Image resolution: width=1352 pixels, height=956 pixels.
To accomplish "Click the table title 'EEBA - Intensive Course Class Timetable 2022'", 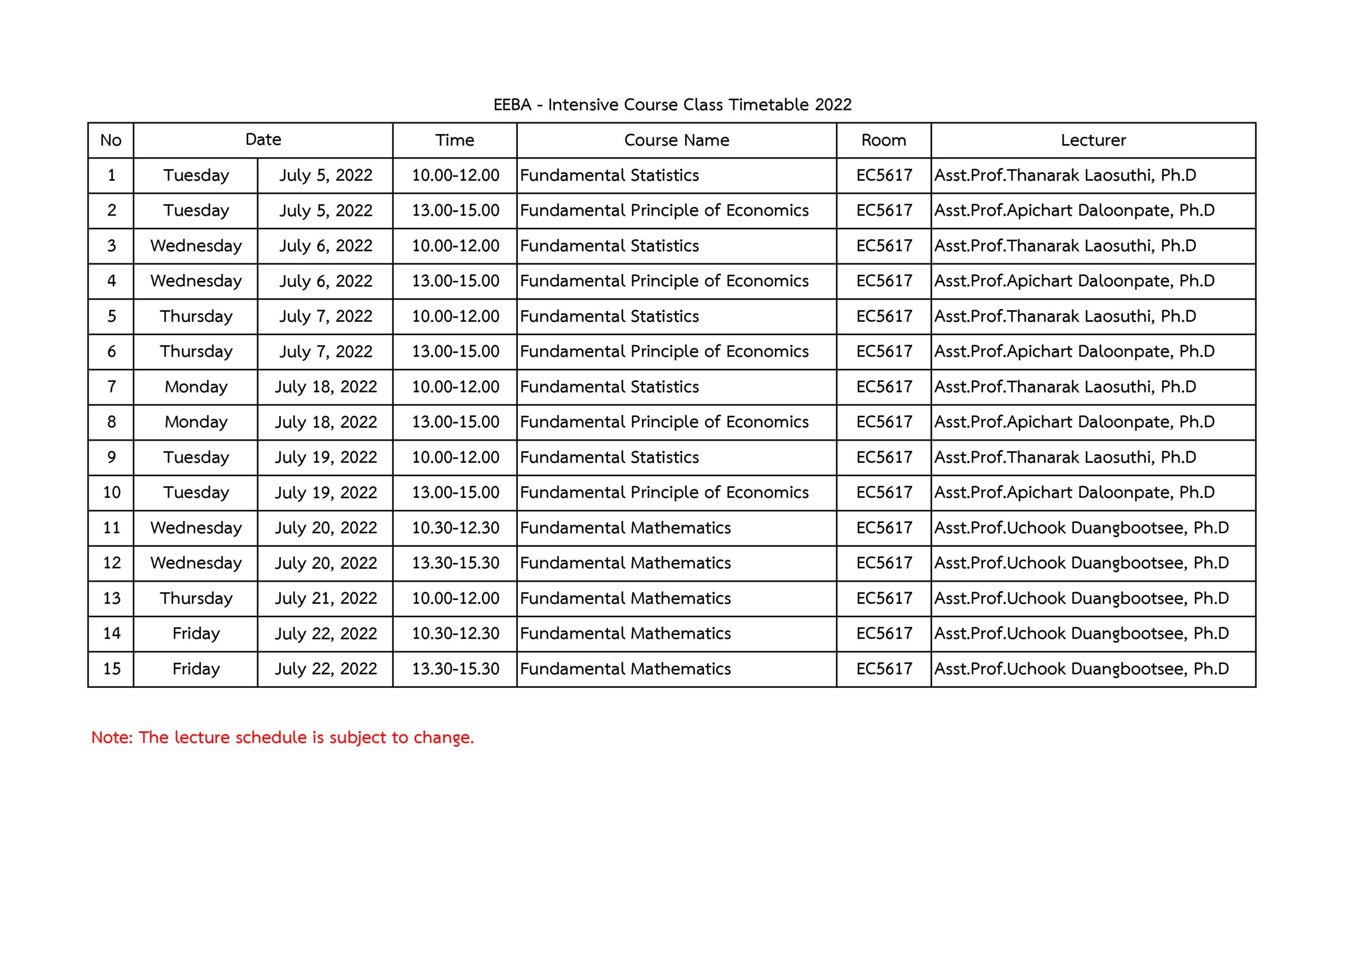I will tap(672, 105).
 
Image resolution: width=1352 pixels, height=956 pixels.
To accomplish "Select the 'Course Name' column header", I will tap(676, 140).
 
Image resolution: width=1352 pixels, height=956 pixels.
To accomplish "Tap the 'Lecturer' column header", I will tap(1093, 140).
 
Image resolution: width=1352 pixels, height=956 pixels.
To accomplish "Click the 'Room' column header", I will tap(883, 140).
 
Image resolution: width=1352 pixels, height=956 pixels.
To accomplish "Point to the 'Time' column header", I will tap(455, 140).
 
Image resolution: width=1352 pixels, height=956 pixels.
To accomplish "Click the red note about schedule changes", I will tap(283, 737).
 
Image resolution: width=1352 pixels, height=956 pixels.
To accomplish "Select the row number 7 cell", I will tap(111, 387).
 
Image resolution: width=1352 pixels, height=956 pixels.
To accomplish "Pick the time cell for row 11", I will tap(455, 528).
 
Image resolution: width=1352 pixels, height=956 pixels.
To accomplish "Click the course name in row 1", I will tap(609, 175).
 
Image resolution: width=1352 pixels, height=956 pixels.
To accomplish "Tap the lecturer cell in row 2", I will tap(1074, 211).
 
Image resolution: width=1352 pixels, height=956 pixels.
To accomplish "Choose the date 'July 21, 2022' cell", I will tap(326, 598).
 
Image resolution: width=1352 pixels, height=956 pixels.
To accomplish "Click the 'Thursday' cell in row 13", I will tap(196, 598).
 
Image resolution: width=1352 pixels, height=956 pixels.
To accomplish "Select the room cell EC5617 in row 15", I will tap(884, 669).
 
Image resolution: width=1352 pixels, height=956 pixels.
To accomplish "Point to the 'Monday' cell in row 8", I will tap(196, 423).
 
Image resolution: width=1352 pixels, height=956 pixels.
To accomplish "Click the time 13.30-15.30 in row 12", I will tap(455, 563).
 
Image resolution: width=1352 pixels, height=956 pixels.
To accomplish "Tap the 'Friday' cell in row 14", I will tap(196, 634).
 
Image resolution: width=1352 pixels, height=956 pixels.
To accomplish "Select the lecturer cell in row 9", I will tap(1065, 458).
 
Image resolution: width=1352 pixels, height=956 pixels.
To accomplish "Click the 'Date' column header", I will tap(263, 139).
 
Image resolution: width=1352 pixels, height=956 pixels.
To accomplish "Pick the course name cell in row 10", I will tap(664, 492).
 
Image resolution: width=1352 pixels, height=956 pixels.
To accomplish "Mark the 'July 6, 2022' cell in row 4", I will tap(326, 281).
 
